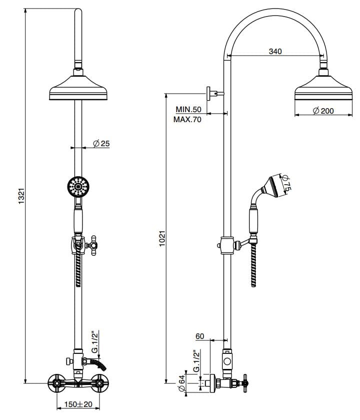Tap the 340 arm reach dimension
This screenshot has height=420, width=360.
click(x=275, y=51)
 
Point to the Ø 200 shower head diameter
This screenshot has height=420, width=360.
click(x=323, y=111)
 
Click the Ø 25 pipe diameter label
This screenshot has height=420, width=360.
click(x=101, y=144)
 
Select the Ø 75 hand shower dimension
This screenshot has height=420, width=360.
click(x=286, y=183)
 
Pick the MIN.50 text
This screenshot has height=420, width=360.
click(x=188, y=109)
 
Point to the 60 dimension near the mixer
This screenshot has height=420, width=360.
click(x=199, y=336)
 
